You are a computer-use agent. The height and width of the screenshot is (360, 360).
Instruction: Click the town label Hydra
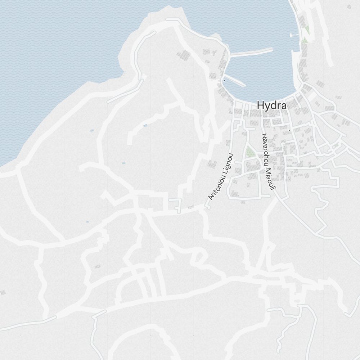coord(272,105)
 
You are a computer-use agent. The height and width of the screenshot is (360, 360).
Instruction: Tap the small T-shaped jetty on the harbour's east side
coord(294,35)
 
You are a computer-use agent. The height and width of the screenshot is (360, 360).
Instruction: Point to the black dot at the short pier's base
coord(224,81)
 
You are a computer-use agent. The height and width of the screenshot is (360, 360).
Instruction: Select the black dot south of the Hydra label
coord(289,130)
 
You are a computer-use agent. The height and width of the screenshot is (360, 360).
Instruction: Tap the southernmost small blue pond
coord(87,222)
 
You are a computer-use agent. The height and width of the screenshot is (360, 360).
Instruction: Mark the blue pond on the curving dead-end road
coord(145,125)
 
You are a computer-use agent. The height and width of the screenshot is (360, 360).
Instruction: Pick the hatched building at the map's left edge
coord(3,292)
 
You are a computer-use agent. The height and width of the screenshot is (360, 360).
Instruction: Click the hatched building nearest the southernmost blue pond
coord(97,267)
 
